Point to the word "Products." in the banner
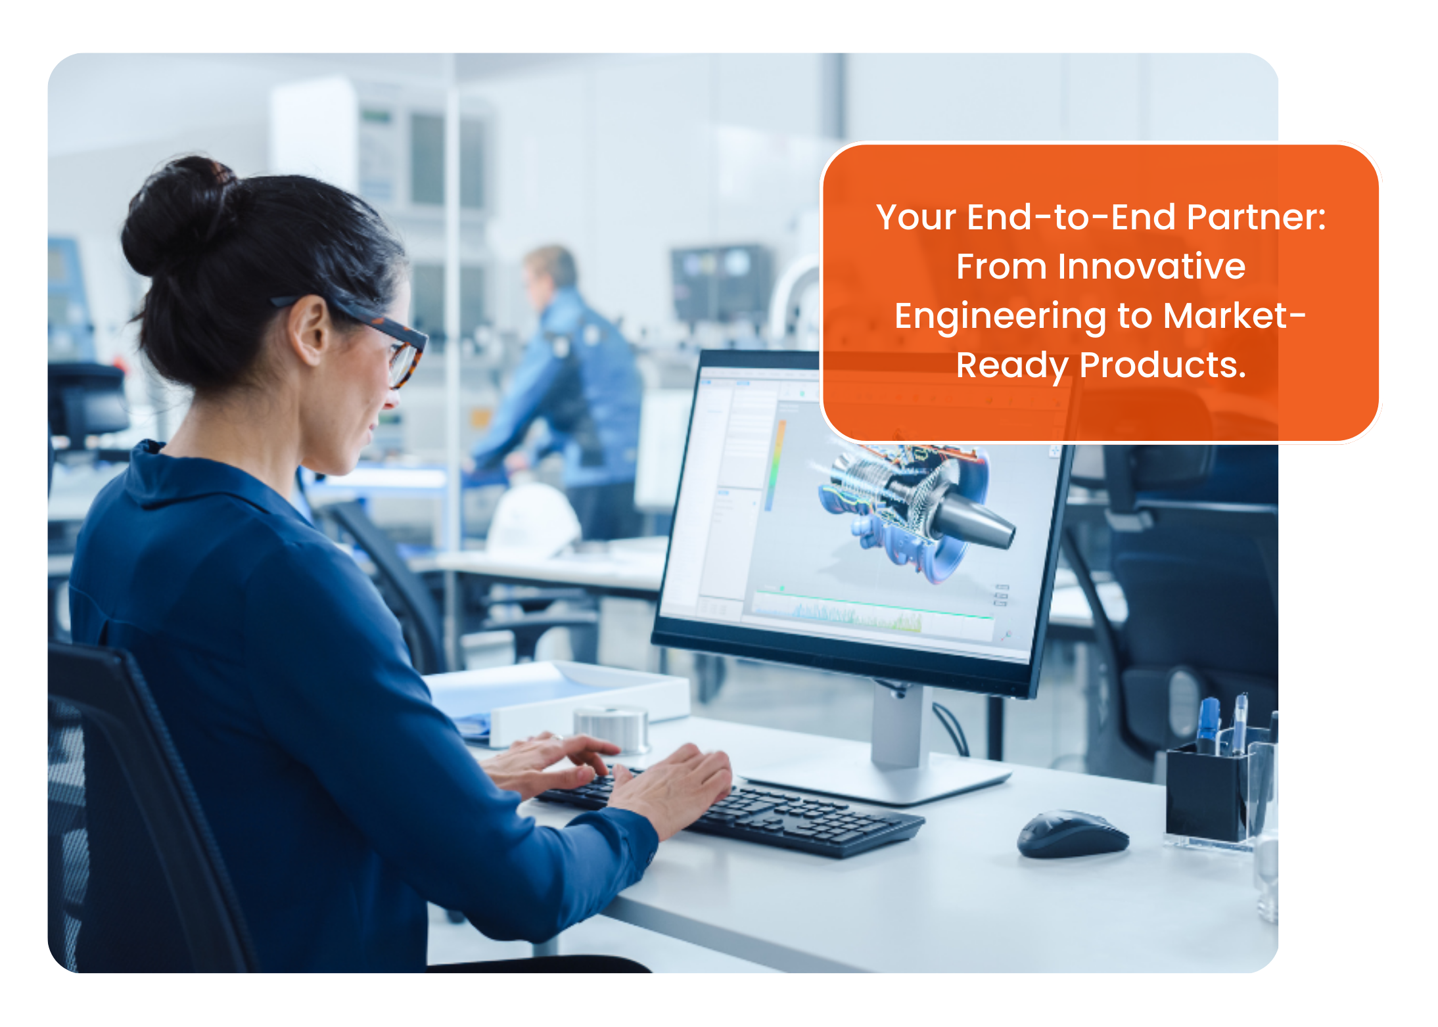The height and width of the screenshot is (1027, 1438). coord(1163,365)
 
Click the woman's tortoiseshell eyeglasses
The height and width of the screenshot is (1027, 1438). coord(368,335)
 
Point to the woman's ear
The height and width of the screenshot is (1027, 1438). coord(309,329)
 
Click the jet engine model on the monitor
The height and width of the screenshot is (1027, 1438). coord(917,506)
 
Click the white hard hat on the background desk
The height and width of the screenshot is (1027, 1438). coord(532,519)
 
